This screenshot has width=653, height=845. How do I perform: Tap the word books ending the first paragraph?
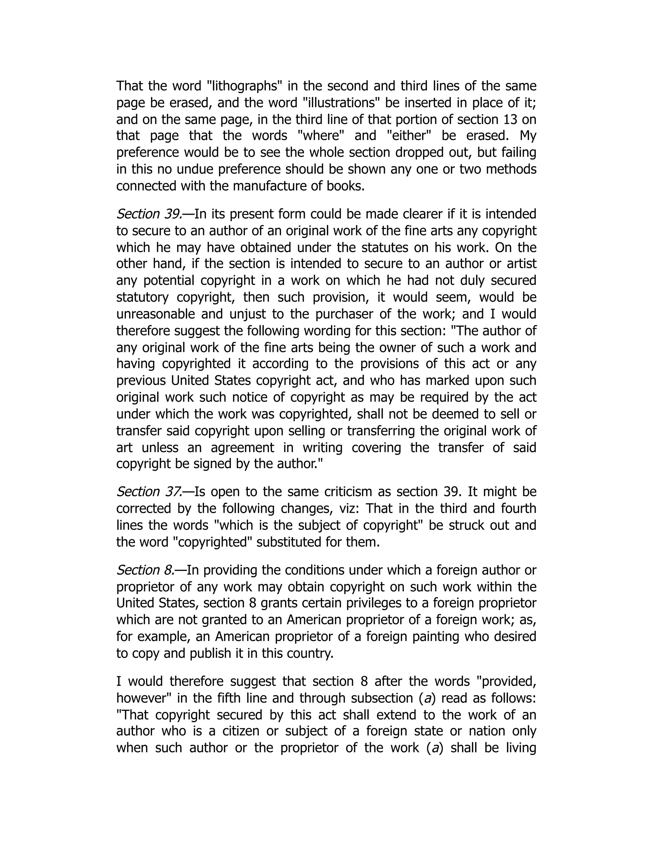coord(345,186)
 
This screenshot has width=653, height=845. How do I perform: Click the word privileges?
coord(394,603)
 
